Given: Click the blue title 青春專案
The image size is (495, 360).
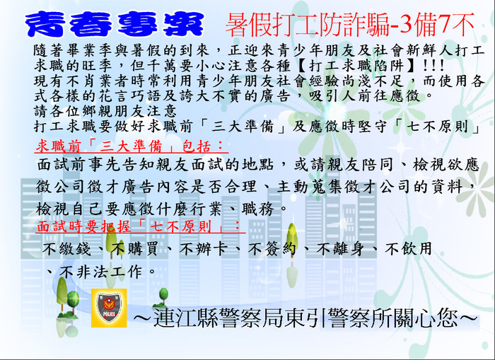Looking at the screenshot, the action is click(115, 24).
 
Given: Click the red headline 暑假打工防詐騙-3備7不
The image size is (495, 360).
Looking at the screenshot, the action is click(351, 25).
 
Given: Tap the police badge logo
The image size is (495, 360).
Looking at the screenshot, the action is click(109, 308).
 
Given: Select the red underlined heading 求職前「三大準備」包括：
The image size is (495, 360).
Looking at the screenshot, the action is click(131, 146).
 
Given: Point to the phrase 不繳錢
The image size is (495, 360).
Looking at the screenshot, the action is click(66, 249).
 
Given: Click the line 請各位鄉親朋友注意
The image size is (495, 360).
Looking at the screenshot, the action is click(105, 111).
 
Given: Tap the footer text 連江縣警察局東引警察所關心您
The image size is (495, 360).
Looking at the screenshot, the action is click(305, 318).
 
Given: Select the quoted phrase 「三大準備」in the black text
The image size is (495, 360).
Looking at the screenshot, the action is click(242, 127).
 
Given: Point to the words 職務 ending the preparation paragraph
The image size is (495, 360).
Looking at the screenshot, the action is click(257, 209).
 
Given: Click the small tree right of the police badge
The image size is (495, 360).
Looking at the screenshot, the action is click(163, 298).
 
